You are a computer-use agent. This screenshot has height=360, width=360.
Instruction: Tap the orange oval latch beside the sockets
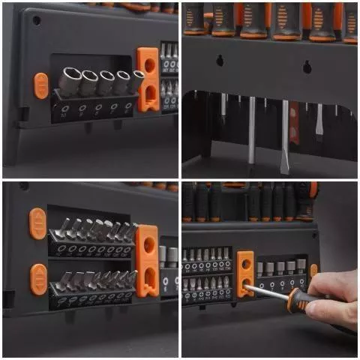40,85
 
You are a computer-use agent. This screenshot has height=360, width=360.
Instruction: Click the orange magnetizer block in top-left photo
148,79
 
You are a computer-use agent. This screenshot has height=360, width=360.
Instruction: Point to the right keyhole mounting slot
307,67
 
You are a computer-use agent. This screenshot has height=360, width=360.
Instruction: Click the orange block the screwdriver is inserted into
245,274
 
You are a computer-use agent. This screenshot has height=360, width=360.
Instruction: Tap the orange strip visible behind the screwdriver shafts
293,120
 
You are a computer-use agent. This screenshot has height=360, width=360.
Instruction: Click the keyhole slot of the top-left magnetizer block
148,94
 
